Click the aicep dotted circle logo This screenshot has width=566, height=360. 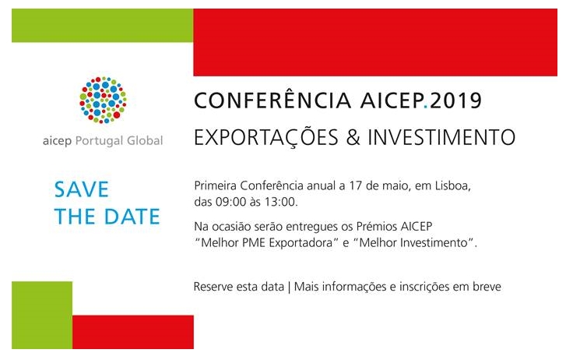[x=103, y=100]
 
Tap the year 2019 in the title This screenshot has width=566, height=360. [x=455, y=101]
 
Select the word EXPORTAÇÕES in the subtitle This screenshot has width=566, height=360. [x=266, y=138]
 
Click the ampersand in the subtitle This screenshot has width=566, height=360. [x=353, y=137]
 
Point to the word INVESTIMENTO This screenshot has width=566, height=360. [x=441, y=137]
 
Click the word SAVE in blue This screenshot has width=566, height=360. [x=82, y=189]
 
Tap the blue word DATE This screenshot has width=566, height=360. [x=132, y=216]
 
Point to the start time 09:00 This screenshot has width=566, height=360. [x=230, y=202]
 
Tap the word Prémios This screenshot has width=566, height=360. [x=377, y=226]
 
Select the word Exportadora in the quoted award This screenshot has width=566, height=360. [x=301, y=242]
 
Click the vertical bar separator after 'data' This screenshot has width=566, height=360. [x=289, y=287]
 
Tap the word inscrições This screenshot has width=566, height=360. [x=424, y=287]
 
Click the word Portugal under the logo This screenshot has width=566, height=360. [x=99, y=140]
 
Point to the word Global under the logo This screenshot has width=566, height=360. [x=145, y=140]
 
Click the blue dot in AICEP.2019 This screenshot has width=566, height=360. [x=426, y=107]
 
